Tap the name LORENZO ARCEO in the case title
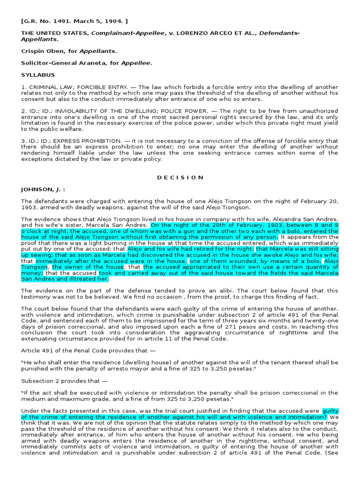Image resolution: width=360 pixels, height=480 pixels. (209, 33)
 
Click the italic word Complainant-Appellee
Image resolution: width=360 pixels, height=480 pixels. (123, 33)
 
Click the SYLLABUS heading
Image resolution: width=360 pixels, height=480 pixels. (38, 75)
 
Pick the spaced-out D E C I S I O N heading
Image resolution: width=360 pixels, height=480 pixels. (180, 178)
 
